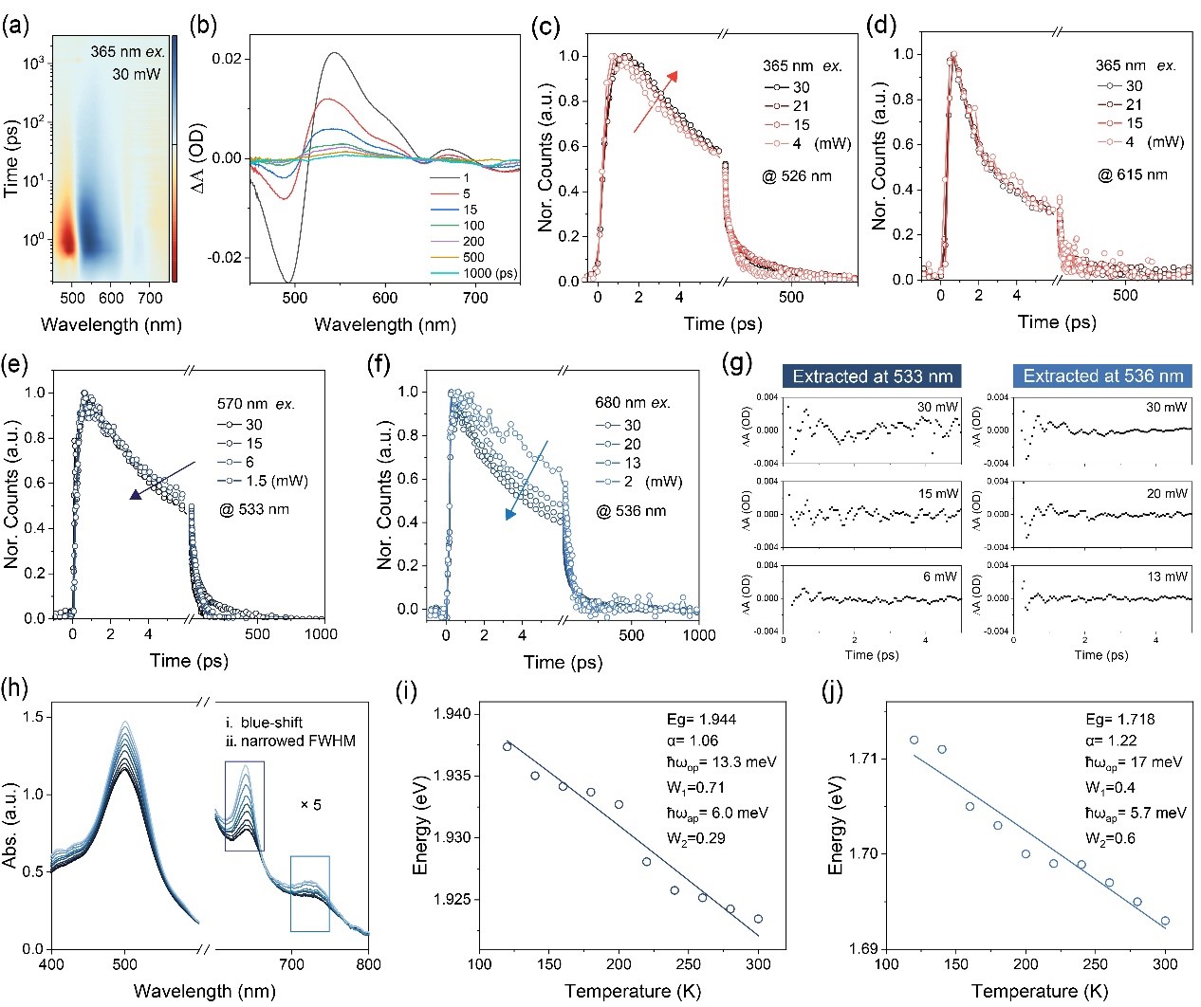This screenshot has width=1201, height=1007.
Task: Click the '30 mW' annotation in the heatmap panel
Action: pyautogui.click(x=137, y=73)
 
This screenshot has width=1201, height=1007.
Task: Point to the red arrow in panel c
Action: pyautogui.click(x=656, y=100)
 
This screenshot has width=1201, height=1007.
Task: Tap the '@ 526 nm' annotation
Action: pyautogui.click(x=797, y=176)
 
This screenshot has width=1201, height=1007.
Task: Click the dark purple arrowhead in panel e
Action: pyautogui.click(x=137, y=493)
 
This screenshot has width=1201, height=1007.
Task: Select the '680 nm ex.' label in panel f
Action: pyautogui.click(x=634, y=403)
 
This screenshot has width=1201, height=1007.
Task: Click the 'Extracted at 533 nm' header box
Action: pyautogui.click(x=872, y=376)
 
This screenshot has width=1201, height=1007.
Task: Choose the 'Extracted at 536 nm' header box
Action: pyautogui.click(x=1102, y=376)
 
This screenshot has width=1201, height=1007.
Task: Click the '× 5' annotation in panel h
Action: pyautogui.click(x=310, y=805)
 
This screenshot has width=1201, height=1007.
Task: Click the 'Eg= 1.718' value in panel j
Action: pyautogui.click(x=1120, y=719)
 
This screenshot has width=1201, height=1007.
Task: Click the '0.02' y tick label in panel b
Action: pyautogui.click(x=226, y=59)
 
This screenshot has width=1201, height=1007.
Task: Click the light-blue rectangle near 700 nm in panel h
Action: pyautogui.click(x=310, y=893)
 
